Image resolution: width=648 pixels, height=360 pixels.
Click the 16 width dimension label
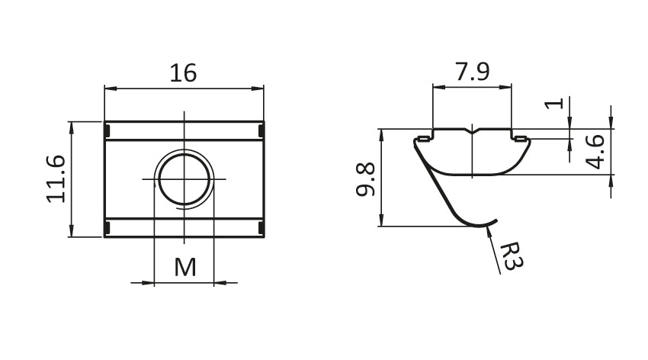(x=183, y=73)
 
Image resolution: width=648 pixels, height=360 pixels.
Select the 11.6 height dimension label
(x=56, y=179)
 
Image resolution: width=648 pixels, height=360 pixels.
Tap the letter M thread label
(x=184, y=267)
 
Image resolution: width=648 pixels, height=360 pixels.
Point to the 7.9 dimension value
(x=472, y=72)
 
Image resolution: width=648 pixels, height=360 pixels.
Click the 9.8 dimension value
(x=366, y=179)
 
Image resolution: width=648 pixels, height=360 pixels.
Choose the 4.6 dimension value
(x=595, y=152)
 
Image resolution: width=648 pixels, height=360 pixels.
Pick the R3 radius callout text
(x=512, y=256)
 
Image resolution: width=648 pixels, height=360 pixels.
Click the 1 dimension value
(x=554, y=103)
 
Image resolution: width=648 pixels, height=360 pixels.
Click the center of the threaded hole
(x=184, y=179)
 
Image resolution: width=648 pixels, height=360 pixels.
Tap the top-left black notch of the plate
(x=107, y=131)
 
